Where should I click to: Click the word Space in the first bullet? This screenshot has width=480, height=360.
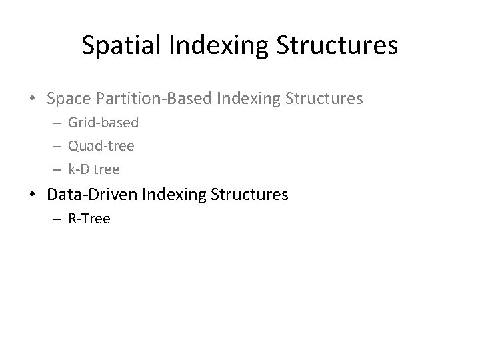point(70,99)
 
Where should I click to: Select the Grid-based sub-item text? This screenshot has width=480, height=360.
point(103,123)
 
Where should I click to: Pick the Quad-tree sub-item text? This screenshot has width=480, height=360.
point(101,146)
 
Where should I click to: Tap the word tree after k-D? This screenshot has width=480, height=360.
point(107,169)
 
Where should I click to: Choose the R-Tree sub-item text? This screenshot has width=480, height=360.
point(89,218)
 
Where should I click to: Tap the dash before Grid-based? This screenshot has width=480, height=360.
point(57,123)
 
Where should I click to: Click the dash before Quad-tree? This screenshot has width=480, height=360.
point(57,147)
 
